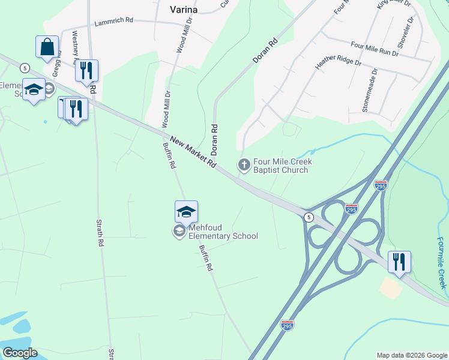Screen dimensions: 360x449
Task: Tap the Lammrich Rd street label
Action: coord(114,22)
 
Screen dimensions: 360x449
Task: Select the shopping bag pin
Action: coord(47,47)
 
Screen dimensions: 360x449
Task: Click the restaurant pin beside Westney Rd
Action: coord(86,70)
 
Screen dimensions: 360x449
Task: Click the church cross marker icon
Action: coord(244,164)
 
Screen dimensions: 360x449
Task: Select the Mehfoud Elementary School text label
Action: coord(223,232)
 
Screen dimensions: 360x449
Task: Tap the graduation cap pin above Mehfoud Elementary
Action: coord(186,212)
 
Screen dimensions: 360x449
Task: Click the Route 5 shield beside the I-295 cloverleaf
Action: coord(309,217)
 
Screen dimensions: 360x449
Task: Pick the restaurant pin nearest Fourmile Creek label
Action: coord(399,262)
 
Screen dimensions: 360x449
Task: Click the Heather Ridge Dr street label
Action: coord(339,62)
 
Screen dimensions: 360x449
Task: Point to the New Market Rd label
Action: coord(193,152)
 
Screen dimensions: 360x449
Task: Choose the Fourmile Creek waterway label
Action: coord(442,262)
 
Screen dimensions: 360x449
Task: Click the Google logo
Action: coord(20,353)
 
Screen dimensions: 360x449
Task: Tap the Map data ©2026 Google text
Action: coord(411,355)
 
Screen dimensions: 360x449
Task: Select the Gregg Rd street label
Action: coord(57,62)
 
